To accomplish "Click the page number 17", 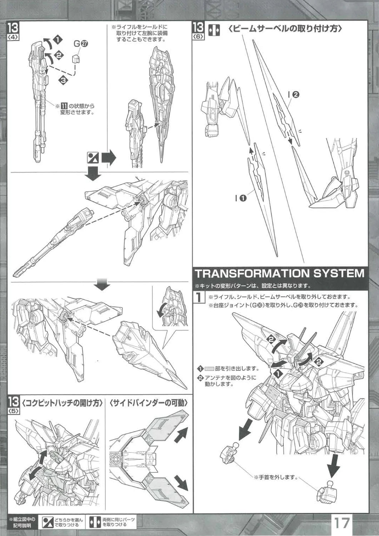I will pyautogui.click(x=341, y=524).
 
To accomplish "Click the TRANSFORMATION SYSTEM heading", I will pyautogui.click(x=279, y=273).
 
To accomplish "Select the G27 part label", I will pyautogui.click(x=81, y=44).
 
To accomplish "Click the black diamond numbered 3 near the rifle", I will pyautogui.click(x=64, y=81).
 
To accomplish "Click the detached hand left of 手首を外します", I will pyautogui.click(x=231, y=452).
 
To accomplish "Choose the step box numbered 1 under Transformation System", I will pyautogui.click(x=199, y=297).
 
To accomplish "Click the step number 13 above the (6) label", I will pyautogui.click(x=198, y=27).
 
